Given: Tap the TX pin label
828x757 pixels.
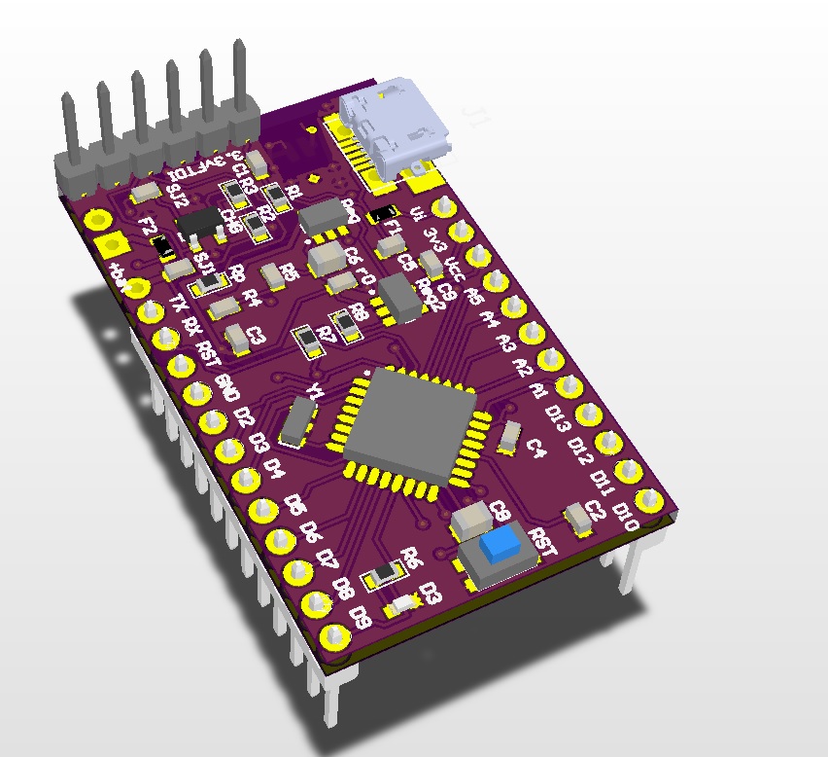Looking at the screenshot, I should (178, 304).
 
